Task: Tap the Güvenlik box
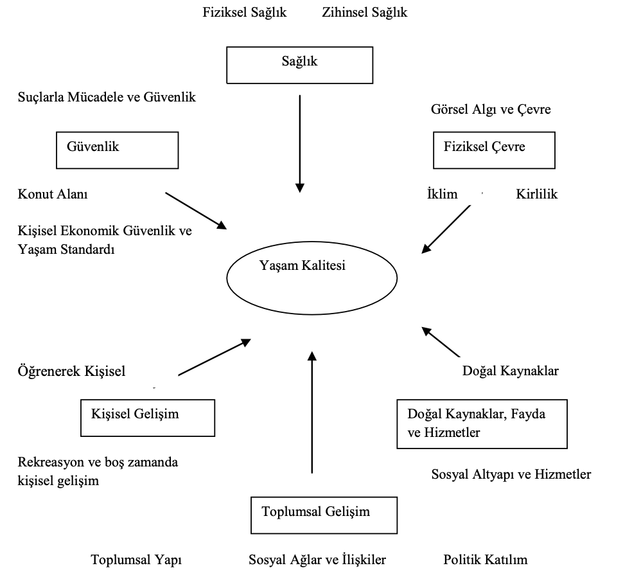[x=117, y=150]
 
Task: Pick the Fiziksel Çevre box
[x=494, y=150]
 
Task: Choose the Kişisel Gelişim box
[x=147, y=418]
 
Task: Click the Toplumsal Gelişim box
[x=322, y=515]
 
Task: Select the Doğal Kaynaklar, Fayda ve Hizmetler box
[x=482, y=423]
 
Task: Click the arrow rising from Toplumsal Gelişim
[x=312, y=411]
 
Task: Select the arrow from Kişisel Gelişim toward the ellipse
[x=214, y=357]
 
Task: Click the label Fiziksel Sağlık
[x=245, y=12]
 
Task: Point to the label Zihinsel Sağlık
[x=365, y=12]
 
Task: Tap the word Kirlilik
[x=537, y=194]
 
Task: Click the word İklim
[x=442, y=194]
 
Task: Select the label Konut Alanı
[x=53, y=194]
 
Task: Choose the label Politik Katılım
[x=485, y=560]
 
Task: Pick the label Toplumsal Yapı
[x=136, y=560]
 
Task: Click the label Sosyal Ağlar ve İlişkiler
[x=317, y=560]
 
